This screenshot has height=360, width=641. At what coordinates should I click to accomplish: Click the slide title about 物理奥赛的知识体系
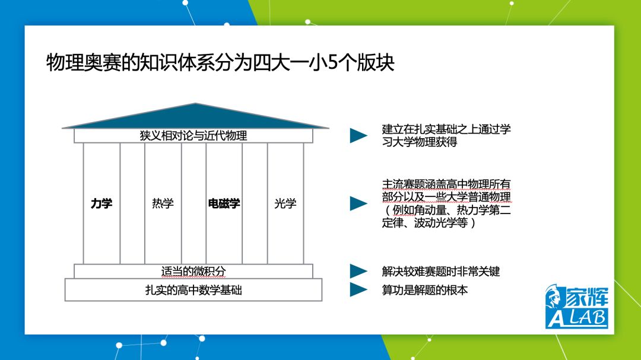click(220, 62)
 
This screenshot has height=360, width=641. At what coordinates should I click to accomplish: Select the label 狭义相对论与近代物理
click(193, 136)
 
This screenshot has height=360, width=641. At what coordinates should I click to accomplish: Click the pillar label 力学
click(101, 203)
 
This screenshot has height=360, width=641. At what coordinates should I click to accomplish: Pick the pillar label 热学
click(163, 203)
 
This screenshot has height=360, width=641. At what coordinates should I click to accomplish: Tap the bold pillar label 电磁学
click(224, 203)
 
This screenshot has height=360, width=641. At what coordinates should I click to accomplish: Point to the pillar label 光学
click(285, 203)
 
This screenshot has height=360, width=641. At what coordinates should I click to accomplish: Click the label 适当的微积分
click(193, 271)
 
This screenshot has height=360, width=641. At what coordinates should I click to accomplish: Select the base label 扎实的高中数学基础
click(193, 290)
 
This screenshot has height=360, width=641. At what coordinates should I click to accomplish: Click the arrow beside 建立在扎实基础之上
click(358, 136)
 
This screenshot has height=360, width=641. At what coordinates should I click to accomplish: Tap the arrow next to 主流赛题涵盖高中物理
click(358, 203)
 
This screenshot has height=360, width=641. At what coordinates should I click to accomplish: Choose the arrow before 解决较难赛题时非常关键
click(358, 271)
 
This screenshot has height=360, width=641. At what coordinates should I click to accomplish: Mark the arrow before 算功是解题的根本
click(358, 289)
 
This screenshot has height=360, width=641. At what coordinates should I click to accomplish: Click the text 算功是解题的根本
click(425, 290)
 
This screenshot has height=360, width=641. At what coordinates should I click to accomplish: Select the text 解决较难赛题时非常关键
click(440, 271)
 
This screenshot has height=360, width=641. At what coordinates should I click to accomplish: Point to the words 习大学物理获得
click(420, 142)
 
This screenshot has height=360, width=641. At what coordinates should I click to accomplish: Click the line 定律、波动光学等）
click(429, 222)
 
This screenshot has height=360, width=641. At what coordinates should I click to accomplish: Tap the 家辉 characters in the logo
click(587, 297)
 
